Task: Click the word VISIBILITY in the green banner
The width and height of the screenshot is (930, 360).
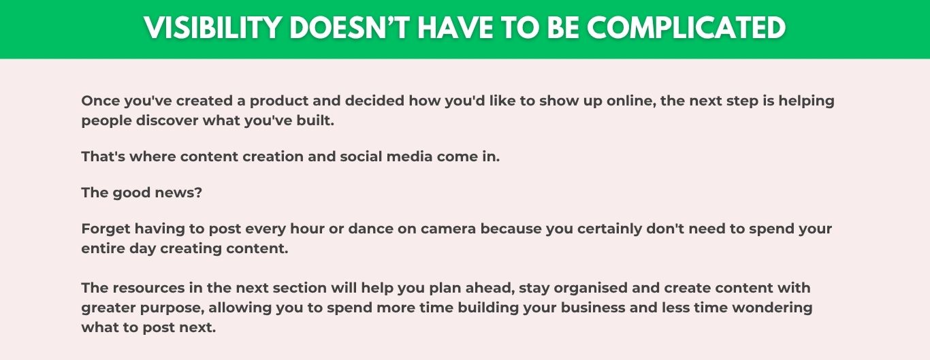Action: point(212,28)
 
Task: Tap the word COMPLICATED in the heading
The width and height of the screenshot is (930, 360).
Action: point(686,28)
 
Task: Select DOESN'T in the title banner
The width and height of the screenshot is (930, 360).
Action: point(349,28)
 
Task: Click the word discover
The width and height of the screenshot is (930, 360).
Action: point(167,121)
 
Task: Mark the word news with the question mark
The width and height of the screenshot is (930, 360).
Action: point(178,193)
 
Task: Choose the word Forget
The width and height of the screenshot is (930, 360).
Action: point(106,229)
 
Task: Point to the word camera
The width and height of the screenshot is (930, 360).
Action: point(447,229)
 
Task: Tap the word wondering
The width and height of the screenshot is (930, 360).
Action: point(772,308)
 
